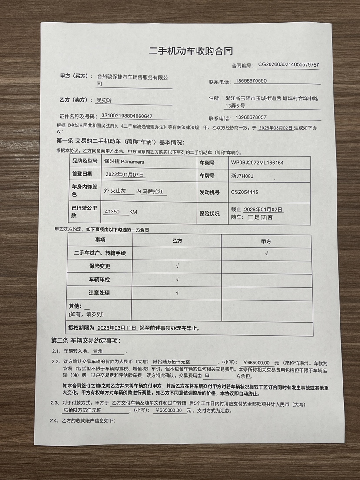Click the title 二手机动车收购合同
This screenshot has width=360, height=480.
tap(190, 51)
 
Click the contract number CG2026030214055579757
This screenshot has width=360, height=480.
tap(288, 65)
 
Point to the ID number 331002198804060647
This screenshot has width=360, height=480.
tap(127, 116)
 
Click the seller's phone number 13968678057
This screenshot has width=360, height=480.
tap(250, 117)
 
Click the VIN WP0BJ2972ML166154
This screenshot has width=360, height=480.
tap(257, 163)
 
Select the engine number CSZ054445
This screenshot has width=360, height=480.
tap(245, 192)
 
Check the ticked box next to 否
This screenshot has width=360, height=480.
tap(263, 217)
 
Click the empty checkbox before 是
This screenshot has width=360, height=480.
tap(250, 217)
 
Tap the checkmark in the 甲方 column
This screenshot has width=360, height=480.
tap(266, 253)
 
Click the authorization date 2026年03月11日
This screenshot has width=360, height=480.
tap(117, 327)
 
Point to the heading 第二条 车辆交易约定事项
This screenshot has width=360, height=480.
tap(86, 340)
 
